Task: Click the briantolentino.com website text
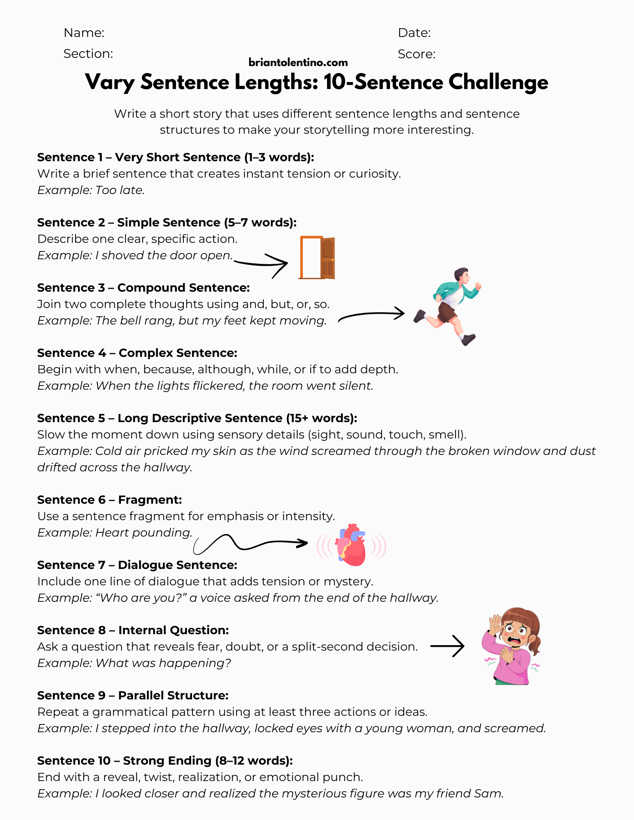click(298, 62)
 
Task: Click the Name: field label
click(84, 33)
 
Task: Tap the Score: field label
click(417, 54)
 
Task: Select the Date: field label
click(414, 33)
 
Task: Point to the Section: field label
click(88, 54)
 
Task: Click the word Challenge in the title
click(498, 82)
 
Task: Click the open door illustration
click(317, 258)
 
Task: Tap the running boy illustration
click(449, 306)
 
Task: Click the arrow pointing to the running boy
click(371, 315)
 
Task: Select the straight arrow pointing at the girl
click(447, 646)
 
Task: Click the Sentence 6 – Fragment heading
click(110, 500)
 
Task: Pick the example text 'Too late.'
click(120, 190)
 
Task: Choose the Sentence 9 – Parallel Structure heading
click(133, 695)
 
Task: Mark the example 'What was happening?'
click(163, 663)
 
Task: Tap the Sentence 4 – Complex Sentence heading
click(137, 353)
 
